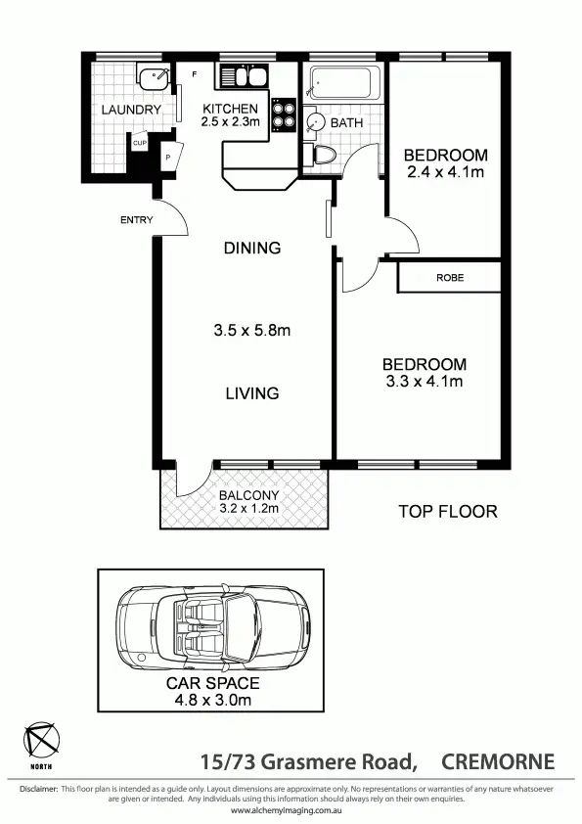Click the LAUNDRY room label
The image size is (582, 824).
coord(131,110)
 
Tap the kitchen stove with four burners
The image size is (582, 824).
coord(283,114)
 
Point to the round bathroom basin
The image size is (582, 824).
coord(315,122)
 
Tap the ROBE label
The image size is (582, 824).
coord(450,278)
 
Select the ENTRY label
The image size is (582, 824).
coord(137,220)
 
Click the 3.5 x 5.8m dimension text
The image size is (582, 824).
coord(252,331)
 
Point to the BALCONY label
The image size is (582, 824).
coord(248,495)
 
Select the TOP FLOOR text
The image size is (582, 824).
coord(448,511)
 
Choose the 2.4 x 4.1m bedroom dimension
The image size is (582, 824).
coord(446,172)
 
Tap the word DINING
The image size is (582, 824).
coord(252,249)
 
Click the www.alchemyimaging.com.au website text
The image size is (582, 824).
coord(291,811)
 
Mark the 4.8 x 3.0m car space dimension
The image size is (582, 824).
coord(212,700)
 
